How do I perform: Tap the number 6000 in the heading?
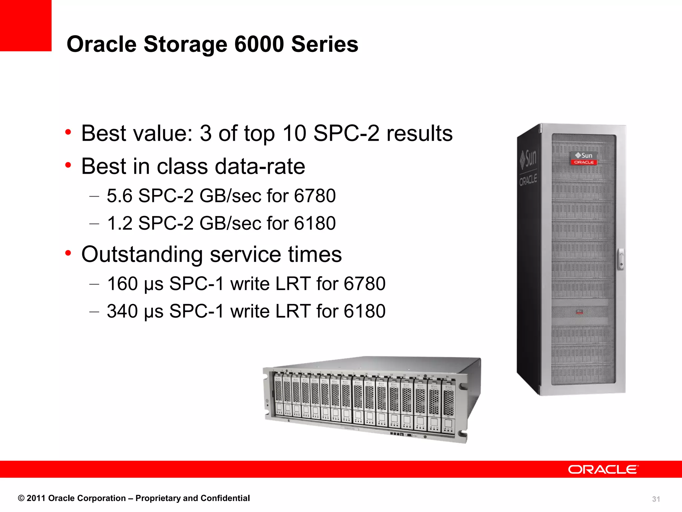click(x=259, y=44)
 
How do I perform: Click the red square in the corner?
click(x=25, y=25)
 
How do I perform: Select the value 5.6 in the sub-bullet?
click(x=120, y=196)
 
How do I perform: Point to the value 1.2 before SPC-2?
click(x=120, y=223)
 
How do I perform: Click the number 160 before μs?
click(x=122, y=284)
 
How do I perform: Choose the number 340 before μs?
click(x=122, y=311)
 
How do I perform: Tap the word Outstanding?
click(x=142, y=255)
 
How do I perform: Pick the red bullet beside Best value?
click(x=68, y=132)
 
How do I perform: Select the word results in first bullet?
click(x=419, y=133)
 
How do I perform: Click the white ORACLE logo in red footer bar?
click(x=603, y=469)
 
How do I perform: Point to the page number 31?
click(x=656, y=499)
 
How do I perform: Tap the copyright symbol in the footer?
click(x=21, y=498)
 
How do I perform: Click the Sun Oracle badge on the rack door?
click(x=583, y=158)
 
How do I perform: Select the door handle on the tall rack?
click(x=621, y=259)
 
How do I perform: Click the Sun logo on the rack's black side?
click(x=529, y=158)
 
